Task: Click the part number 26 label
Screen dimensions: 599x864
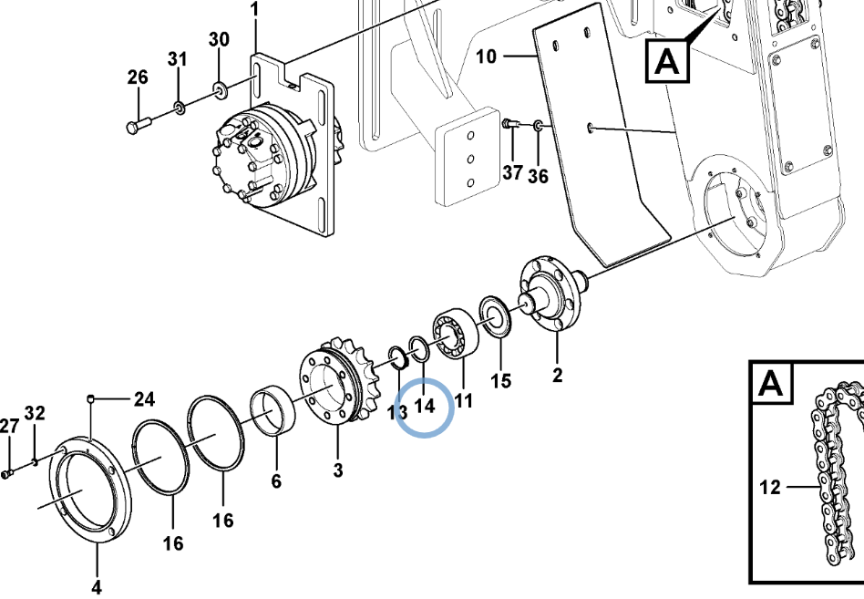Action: [x=137, y=78]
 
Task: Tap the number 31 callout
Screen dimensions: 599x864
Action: [x=177, y=59]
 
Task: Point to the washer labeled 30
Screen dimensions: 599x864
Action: [x=220, y=89]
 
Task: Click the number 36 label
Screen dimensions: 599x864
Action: [x=538, y=176]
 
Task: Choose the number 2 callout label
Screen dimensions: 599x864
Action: [x=558, y=375]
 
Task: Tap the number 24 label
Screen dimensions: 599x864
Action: [x=144, y=398]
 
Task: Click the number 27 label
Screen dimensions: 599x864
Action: [x=9, y=426]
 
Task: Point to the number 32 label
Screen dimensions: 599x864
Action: [x=34, y=413]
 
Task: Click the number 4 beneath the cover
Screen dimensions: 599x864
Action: [x=96, y=586]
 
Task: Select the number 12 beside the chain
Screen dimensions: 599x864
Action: [x=770, y=488]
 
